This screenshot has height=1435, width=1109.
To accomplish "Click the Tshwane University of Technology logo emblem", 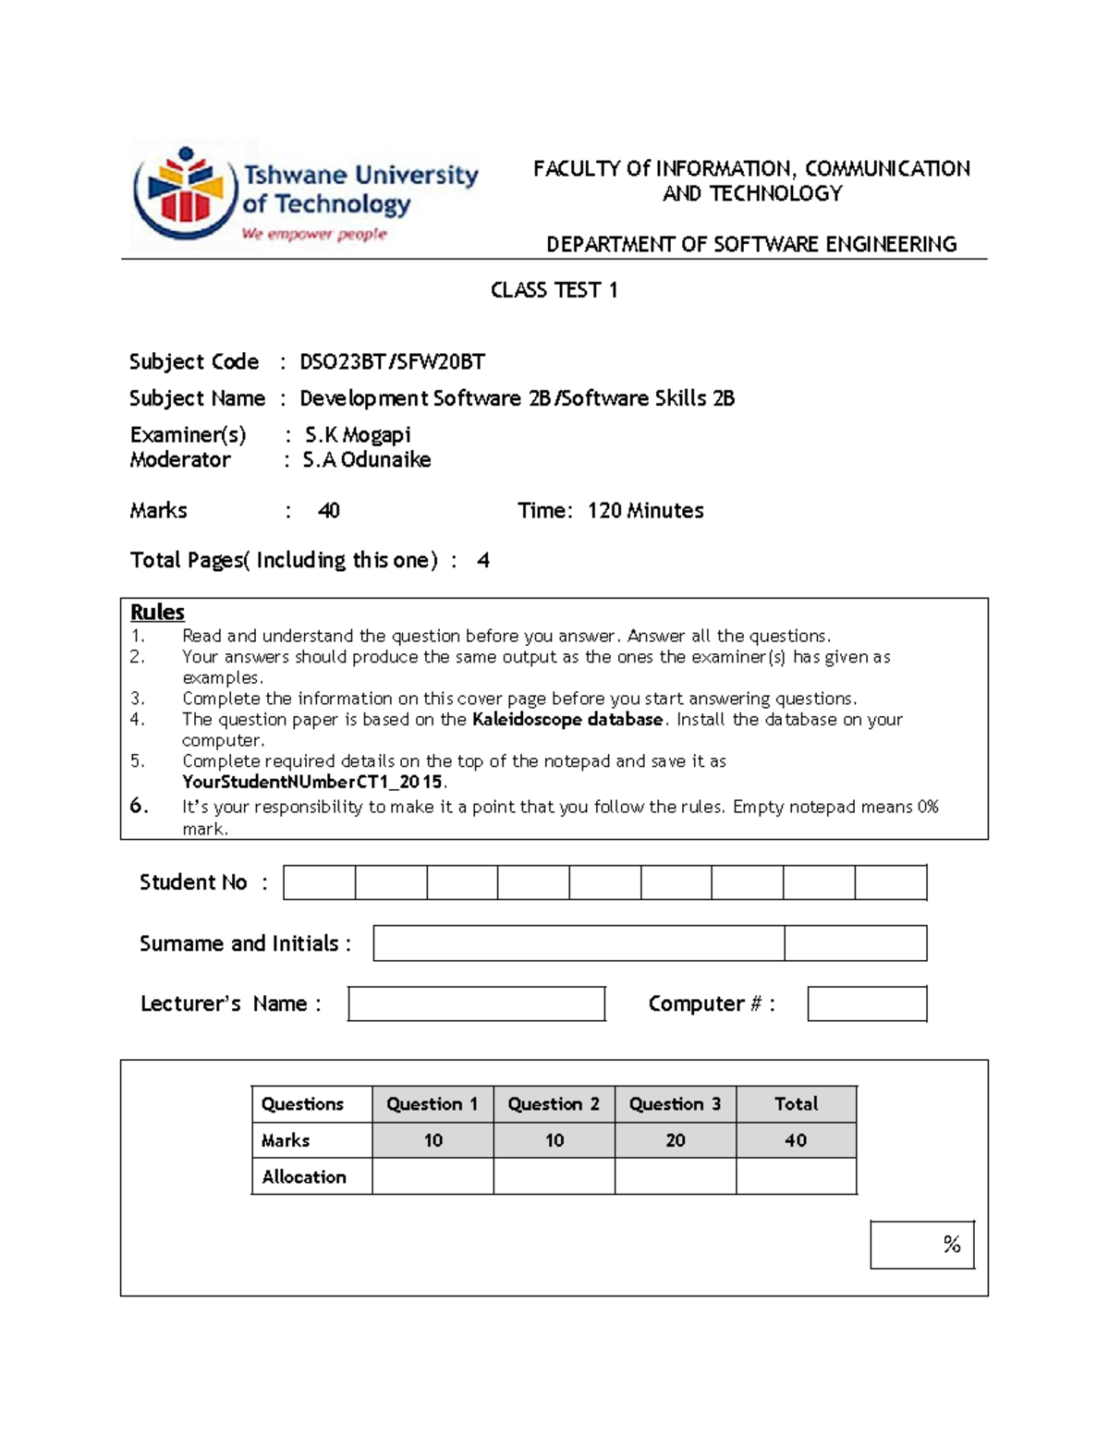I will (185, 193).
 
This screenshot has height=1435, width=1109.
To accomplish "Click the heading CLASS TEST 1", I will (554, 290).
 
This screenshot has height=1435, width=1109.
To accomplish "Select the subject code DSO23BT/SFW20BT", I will (392, 361).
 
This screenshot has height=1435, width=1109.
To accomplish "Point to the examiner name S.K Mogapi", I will (358, 434).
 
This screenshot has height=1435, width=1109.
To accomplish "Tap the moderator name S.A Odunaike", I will (367, 459).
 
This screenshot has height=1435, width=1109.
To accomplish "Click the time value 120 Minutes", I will (645, 510).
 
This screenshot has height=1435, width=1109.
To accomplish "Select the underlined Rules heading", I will (157, 612).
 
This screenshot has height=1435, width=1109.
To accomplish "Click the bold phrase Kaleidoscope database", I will (567, 719).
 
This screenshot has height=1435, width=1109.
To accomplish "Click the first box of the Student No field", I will (319, 882).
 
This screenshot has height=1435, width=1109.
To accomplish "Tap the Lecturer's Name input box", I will (476, 1003).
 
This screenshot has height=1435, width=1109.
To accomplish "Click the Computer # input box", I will (866, 1003).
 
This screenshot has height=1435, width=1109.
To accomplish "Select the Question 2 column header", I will (554, 1103).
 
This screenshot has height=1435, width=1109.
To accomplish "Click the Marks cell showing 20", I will (675, 1140).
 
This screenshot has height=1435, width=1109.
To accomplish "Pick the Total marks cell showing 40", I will (796, 1140).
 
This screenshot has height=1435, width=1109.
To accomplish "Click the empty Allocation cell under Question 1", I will (433, 1176).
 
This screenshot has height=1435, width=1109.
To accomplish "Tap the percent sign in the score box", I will (952, 1245).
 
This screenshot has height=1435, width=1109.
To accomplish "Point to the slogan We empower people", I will (314, 234).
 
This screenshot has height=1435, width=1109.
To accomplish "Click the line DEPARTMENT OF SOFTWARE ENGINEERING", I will (750, 244).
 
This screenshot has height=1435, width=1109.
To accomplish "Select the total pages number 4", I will (482, 560).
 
